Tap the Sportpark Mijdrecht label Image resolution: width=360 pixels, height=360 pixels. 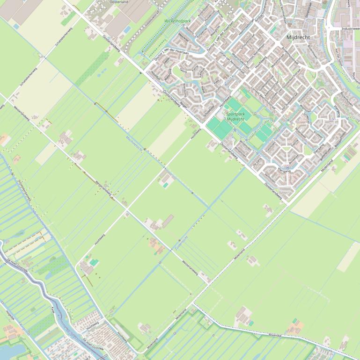tap(235, 116)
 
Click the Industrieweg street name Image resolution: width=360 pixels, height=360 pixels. tap(350, 29)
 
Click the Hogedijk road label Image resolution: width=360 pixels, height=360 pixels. tap(10, 317)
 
